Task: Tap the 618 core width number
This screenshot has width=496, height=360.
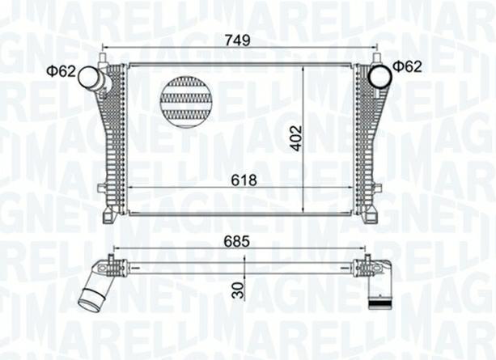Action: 243,180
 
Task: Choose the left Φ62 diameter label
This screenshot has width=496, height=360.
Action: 61,72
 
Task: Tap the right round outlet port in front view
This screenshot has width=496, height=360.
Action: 379,76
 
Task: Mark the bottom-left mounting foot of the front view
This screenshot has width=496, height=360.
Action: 108,217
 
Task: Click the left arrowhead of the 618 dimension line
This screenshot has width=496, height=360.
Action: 132,188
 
